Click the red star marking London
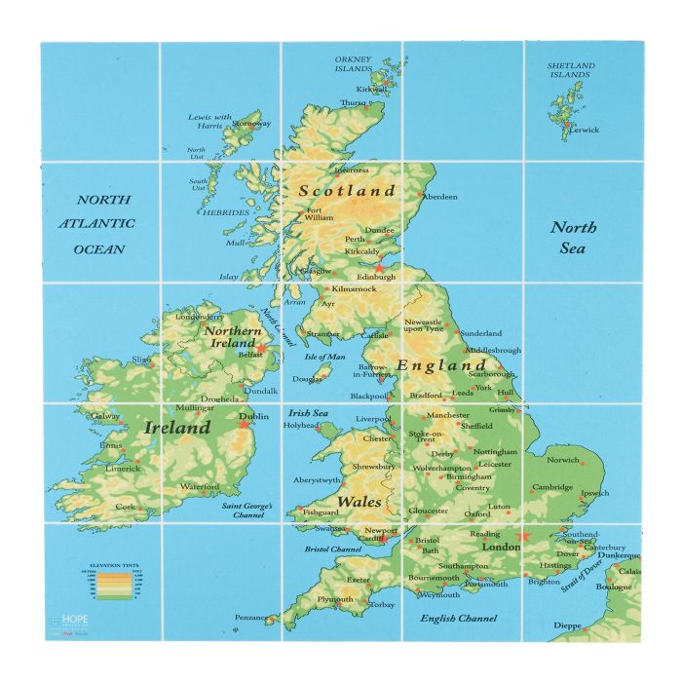pos(524,536)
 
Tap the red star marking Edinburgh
pos(379,267)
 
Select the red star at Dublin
pos(244,425)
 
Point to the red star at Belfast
pos(261,347)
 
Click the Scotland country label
pos(347,191)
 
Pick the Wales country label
pos(359,503)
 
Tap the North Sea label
pos(574,238)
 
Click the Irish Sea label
pos(306,413)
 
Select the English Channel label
pos(458,618)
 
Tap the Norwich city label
pos(562,460)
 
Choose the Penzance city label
pos(252,618)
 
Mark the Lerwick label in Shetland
pos(585,130)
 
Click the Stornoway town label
pos(250,124)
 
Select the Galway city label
pos(105,416)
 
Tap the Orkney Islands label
pos(353,64)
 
